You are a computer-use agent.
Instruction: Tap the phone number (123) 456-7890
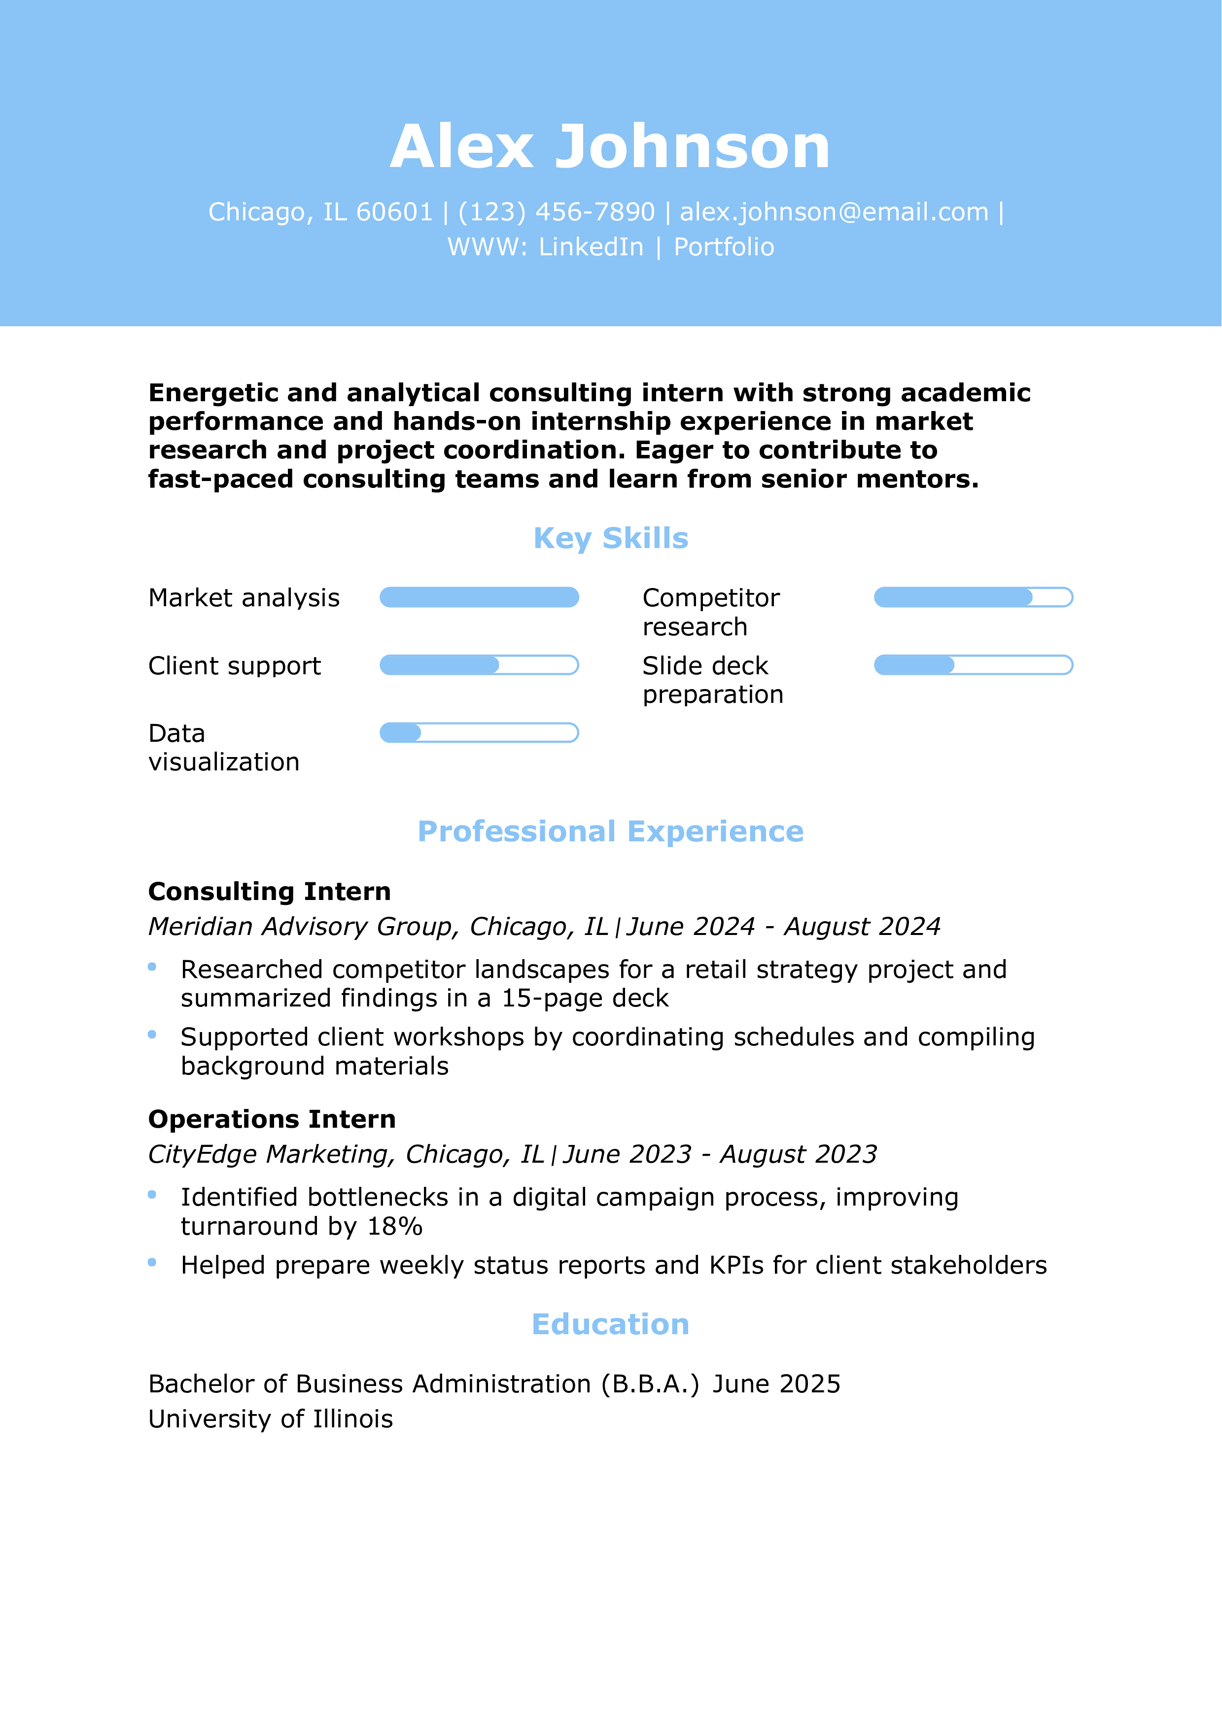(x=557, y=212)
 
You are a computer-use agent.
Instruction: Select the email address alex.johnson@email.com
(x=834, y=212)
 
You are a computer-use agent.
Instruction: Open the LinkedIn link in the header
(x=591, y=247)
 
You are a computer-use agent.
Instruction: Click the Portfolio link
(x=724, y=247)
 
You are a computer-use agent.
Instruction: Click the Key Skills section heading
(x=611, y=538)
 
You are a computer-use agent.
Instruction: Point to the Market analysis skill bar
(x=479, y=597)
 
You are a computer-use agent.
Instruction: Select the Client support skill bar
(x=479, y=665)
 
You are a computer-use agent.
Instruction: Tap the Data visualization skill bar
(x=479, y=733)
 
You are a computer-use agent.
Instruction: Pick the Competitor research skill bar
(x=973, y=597)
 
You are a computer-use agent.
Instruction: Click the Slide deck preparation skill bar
(x=973, y=665)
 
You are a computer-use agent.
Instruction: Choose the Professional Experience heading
(x=611, y=831)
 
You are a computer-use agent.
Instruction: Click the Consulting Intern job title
(x=270, y=892)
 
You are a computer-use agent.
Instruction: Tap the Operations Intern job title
(x=272, y=1120)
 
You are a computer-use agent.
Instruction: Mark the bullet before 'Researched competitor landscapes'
(x=152, y=967)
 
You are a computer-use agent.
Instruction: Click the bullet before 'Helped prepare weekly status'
(x=152, y=1262)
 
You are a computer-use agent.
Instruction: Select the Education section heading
(x=611, y=1325)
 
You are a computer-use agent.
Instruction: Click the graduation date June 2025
(x=776, y=1384)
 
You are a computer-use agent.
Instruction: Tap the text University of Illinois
(x=270, y=1419)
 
